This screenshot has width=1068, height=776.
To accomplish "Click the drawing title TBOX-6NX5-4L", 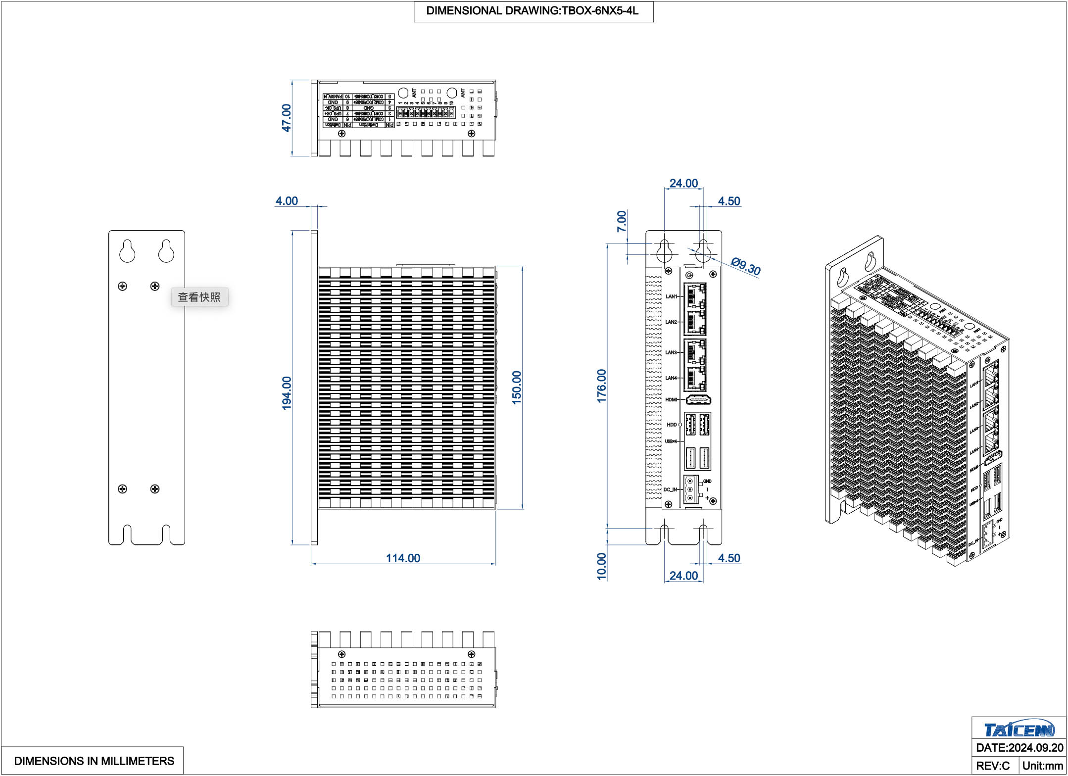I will [533, 11].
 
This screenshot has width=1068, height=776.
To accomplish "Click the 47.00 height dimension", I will [286, 118].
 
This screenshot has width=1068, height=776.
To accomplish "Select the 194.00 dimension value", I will [287, 393].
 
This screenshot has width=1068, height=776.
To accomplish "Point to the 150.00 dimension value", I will [517, 388].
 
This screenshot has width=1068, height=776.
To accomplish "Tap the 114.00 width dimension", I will [403, 558].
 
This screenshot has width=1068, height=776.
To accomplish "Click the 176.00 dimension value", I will [601, 386].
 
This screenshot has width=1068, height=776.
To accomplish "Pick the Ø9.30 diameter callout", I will [746, 266].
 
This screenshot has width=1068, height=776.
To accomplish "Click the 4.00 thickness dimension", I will [287, 201].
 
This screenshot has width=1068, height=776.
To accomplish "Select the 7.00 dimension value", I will [622, 221].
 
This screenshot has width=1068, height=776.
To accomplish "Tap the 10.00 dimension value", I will [601, 566].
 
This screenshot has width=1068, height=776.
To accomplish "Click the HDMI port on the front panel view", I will [698, 399].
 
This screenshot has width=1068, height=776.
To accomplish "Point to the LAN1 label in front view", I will [671, 296].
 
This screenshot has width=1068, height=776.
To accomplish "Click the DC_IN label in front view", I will [670, 489].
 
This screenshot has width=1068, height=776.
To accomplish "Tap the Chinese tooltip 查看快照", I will [199, 297].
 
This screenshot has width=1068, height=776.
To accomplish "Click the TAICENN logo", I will [1019, 729].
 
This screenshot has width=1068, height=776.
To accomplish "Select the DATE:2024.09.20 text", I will [1019, 748].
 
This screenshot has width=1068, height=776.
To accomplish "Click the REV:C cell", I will [992, 766].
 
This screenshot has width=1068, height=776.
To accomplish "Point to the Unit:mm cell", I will [1042, 766].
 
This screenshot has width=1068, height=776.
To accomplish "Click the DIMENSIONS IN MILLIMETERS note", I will [94, 761].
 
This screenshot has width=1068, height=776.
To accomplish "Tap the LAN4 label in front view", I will [671, 378].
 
